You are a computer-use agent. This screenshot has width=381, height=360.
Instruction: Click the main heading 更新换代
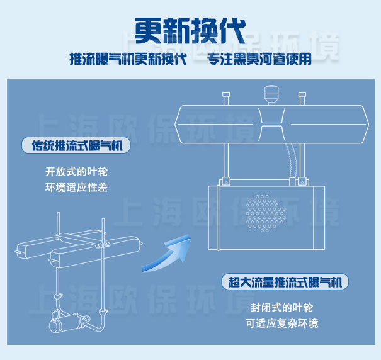(x=190, y=31)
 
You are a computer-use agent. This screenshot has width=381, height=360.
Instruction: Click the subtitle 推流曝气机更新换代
(x=128, y=59)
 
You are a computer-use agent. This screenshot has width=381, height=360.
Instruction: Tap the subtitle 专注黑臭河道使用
(x=259, y=59)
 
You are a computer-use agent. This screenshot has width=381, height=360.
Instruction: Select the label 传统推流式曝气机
(x=77, y=145)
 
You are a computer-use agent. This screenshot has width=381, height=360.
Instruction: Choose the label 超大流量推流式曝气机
(x=285, y=282)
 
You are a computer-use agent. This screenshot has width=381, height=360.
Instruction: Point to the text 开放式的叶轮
(x=76, y=172)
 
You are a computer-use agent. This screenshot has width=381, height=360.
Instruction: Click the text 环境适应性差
(x=76, y=188)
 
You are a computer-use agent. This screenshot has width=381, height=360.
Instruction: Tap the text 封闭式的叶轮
(x=281, y=308)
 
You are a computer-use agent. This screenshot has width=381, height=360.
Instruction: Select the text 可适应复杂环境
(x=282, y=323)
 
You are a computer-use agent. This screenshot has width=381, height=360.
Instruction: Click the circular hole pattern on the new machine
(x=266, y=213)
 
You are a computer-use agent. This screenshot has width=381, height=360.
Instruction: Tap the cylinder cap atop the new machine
(x=271, y=94)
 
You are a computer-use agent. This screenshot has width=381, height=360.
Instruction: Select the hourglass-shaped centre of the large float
(x=271, y=125)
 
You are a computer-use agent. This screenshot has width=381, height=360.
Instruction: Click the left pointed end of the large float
(x=176, y=125)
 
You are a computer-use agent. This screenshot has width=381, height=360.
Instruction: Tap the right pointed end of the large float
(x=368, y=125)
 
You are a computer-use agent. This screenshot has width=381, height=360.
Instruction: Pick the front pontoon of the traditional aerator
(x=94, y=254)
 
